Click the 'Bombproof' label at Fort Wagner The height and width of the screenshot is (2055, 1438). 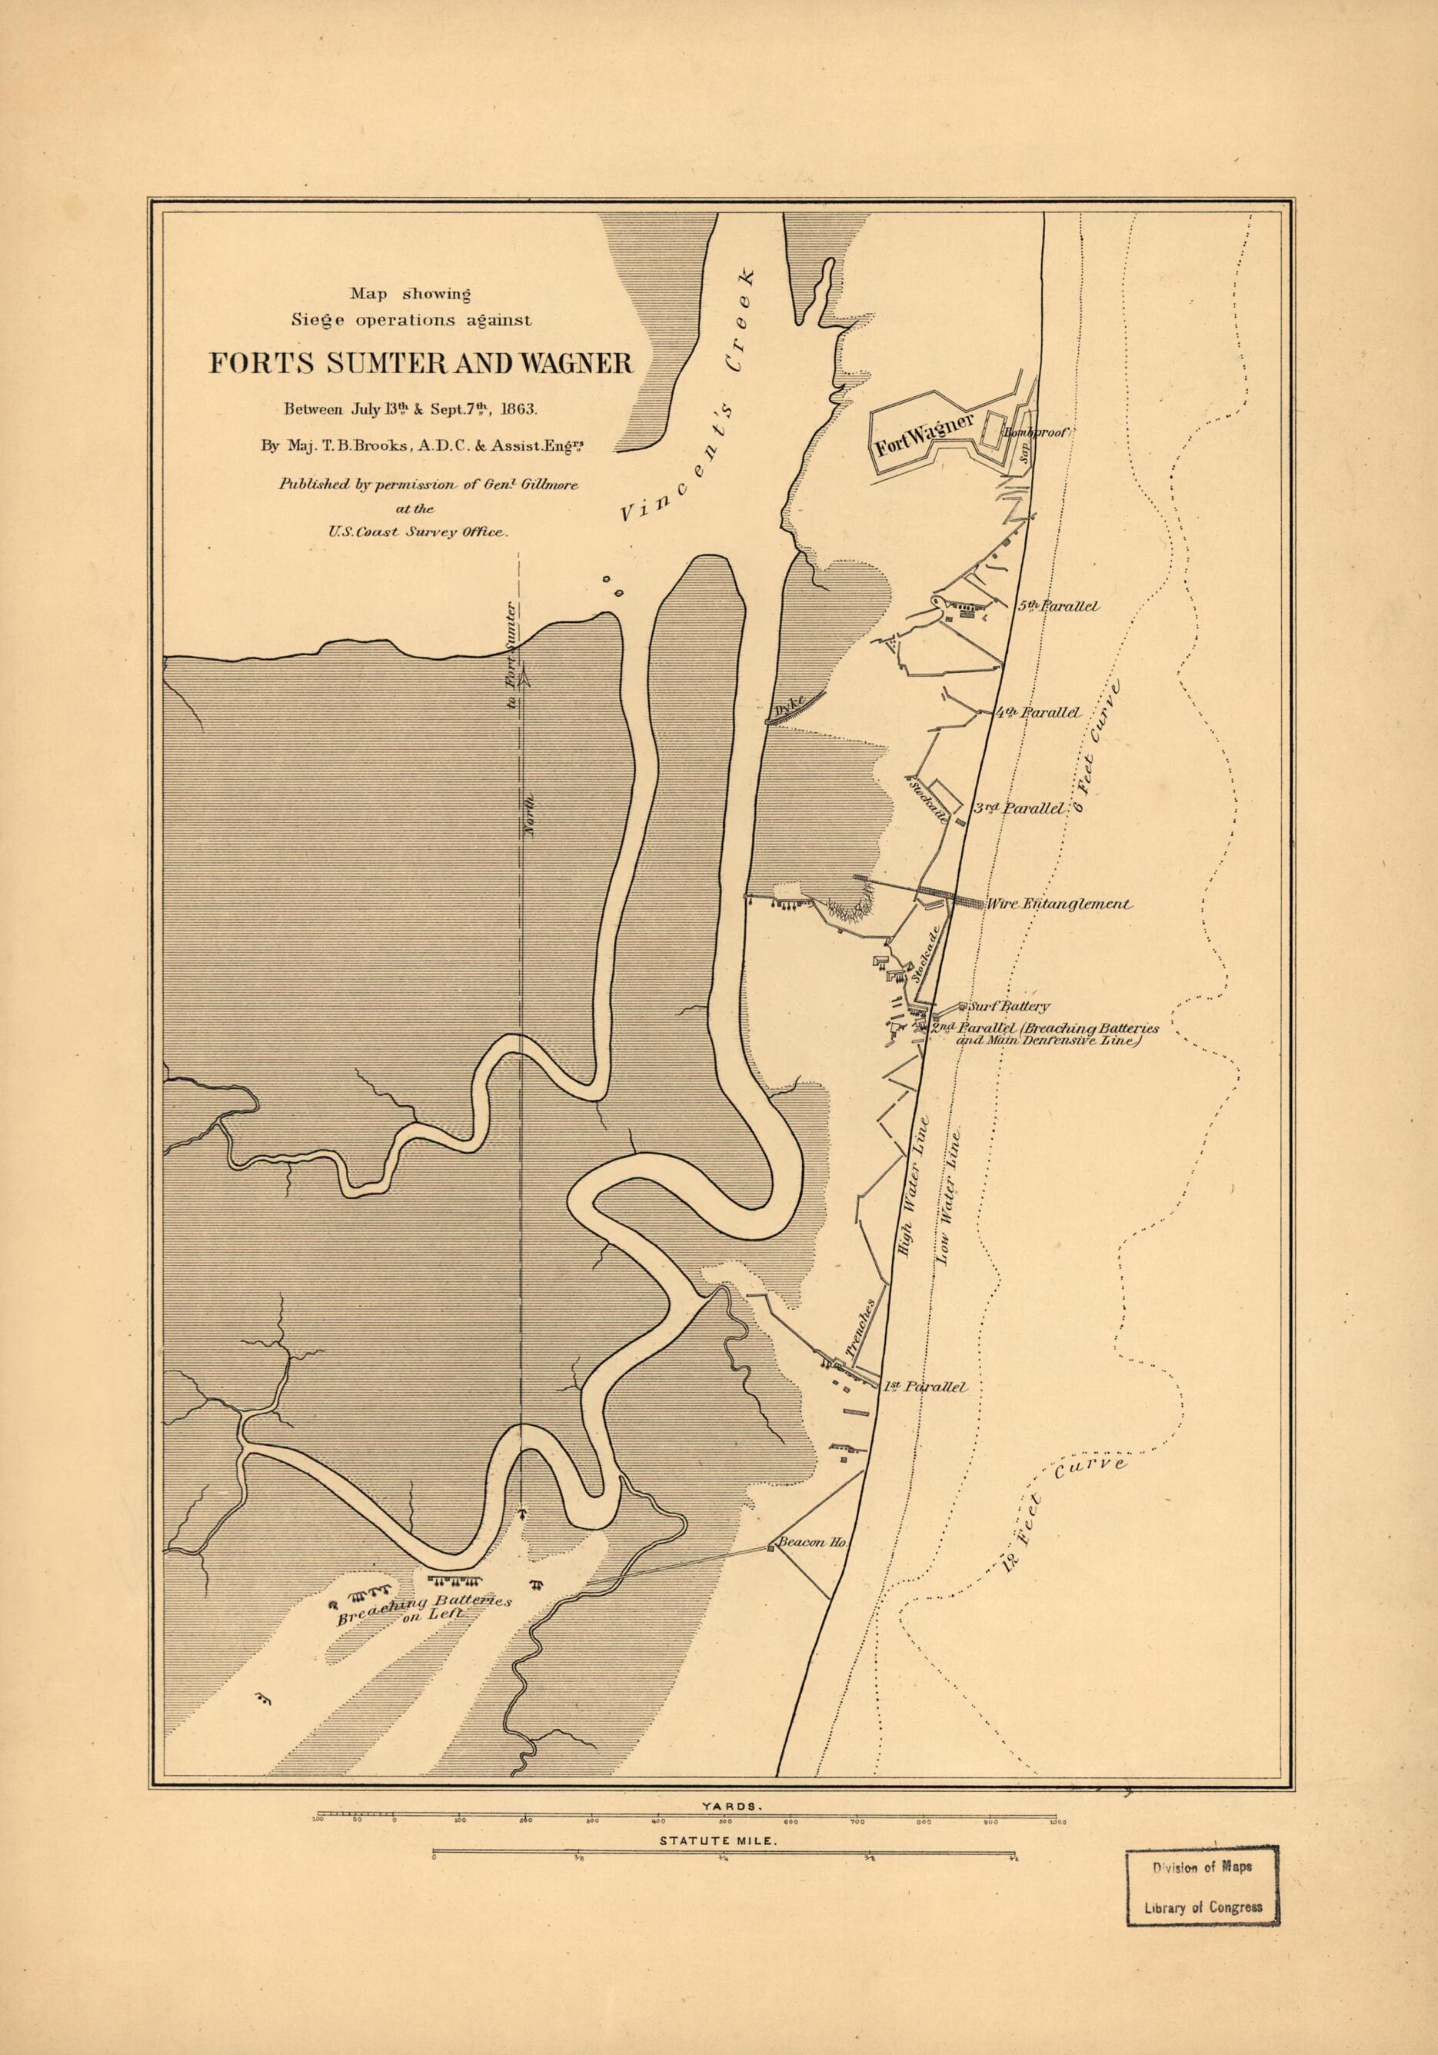(1037, 432)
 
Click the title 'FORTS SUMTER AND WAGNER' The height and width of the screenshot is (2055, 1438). (421, 363)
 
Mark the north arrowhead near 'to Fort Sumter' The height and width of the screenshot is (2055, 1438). (524, 679)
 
